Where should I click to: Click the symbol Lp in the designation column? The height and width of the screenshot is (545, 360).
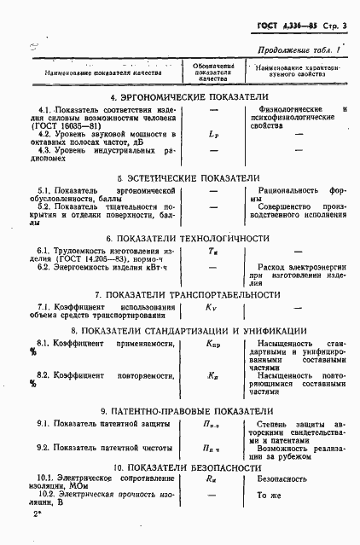click(213, 135)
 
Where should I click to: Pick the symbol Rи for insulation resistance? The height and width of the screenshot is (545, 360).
click(212, 480)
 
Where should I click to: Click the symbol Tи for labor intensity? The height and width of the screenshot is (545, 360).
click(212, 252)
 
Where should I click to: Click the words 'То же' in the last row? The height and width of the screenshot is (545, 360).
click(270, 495)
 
